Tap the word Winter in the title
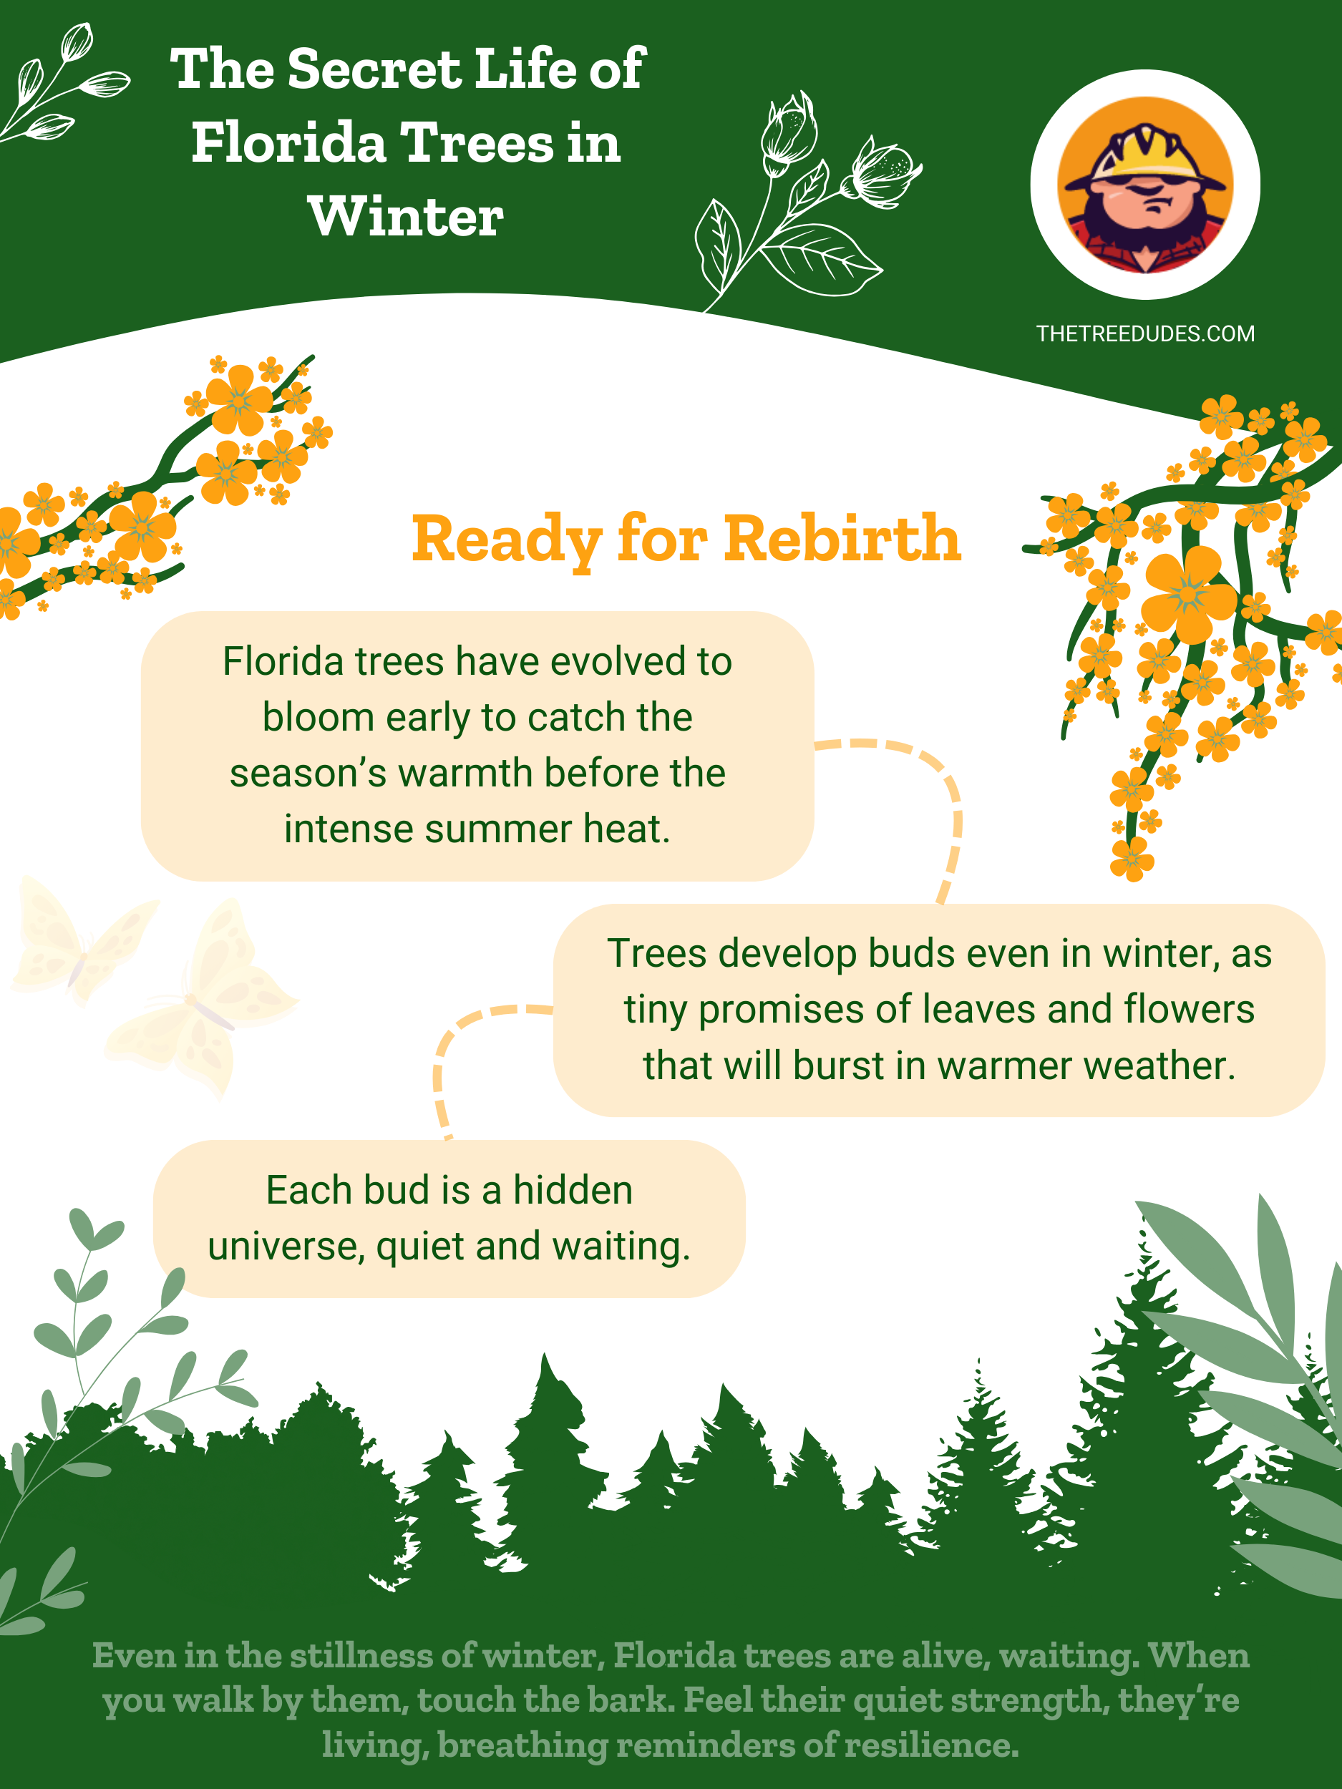tap(406, 217)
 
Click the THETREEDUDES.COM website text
tap(1145, 334)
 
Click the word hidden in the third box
tap(573, 1191)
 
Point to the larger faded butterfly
tap(203, 1000)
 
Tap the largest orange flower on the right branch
tap(1188, 594)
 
